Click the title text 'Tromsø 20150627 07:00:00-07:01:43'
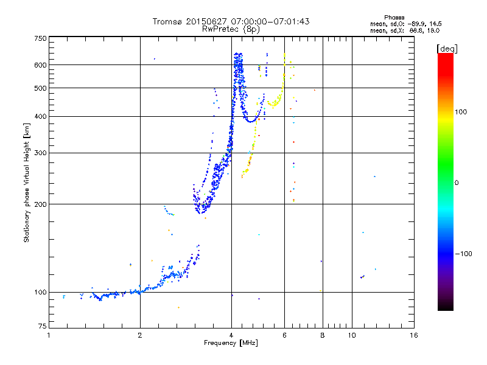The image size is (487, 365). (231, 21)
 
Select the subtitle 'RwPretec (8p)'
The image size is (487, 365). (231, 29)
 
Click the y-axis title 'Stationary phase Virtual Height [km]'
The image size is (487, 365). (27, 182)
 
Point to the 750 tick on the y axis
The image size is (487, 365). (40, 38)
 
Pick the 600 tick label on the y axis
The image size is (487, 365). (40, 65)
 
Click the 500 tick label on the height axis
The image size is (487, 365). (40, 88)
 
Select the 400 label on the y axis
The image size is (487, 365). (40, 117)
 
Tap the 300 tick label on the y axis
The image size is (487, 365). (40, 153)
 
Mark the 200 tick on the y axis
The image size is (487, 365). (40, 204)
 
